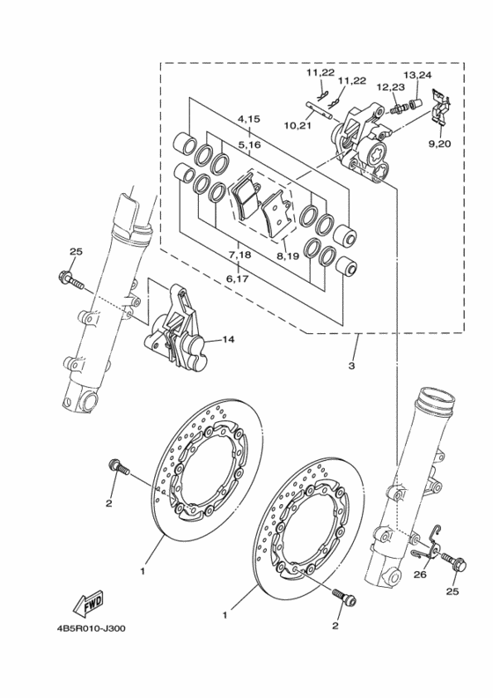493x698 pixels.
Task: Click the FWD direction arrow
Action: pos(89,605)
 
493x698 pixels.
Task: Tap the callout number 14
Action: pos(228,339)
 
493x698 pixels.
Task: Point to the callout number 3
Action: pos(351,367)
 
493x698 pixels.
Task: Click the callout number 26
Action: pos(420,575)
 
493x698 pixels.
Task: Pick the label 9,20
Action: pos(439,144)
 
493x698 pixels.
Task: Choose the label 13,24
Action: pos(417,75)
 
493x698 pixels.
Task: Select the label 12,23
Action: pos(391,86)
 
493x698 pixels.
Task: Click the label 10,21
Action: pos(298,125)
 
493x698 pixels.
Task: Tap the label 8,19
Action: pos(288,256)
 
